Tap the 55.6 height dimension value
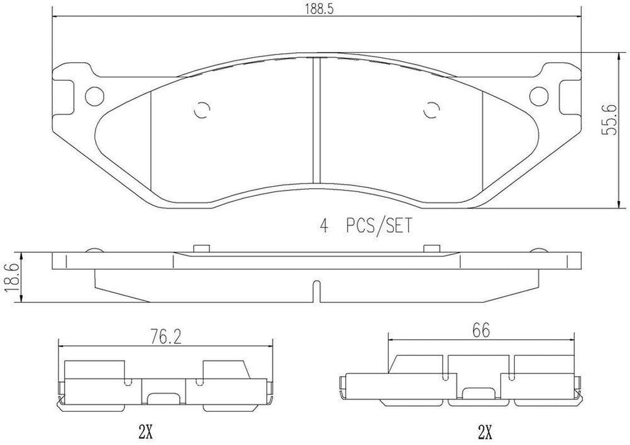pyautogui.click(x=610, y=130)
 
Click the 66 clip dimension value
pyautogui.click(x=480, y=330)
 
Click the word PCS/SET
pyautogui.click(x=376, y=226)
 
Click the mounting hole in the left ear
pyautogui.click(x=95, y=95)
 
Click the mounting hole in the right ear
pyautogui.click(x=538, y=95)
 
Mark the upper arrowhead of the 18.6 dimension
pyautogui.click(x=22, y=254)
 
